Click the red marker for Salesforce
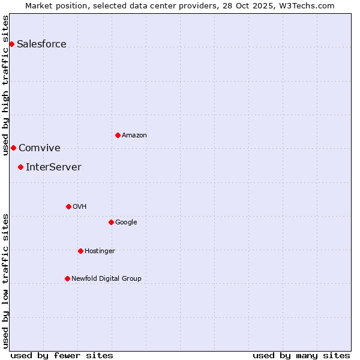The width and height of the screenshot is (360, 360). coord(11,44)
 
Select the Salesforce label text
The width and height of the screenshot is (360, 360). coord(41,44)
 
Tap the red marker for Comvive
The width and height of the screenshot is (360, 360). coord(13,148)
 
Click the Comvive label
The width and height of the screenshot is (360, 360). coord(40,148)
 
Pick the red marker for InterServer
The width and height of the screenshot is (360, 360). coord(20,167)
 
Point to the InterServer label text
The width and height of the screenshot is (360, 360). coord(53,167)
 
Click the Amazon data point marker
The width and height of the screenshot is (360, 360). coord(118,135)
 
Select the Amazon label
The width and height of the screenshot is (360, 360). coord(134,136)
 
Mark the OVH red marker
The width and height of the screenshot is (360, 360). coord(68,206)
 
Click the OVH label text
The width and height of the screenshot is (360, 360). coord(79,207)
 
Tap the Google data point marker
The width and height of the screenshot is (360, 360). coord(111,222)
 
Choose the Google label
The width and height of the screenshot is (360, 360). coord(126,223)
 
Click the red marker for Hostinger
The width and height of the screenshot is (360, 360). coord(80,251)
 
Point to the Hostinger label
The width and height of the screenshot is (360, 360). coord(100,251)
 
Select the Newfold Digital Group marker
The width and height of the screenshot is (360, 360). coord(67,278)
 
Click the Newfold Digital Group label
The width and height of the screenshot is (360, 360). coord(106,279)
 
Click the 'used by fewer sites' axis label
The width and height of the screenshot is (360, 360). coord(61,355)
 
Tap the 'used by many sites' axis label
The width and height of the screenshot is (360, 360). coord(301,355)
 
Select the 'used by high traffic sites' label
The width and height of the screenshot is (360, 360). coord(5,89)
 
